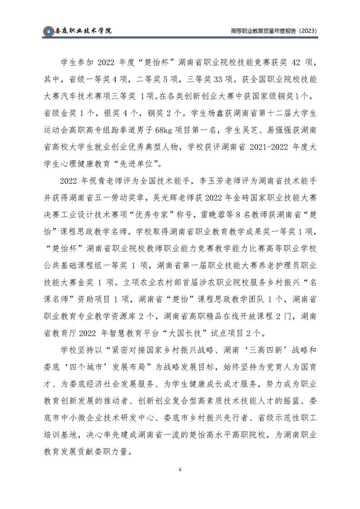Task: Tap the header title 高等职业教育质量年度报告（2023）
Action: tap(273, 31)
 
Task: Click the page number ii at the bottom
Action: tap(180, 470)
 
